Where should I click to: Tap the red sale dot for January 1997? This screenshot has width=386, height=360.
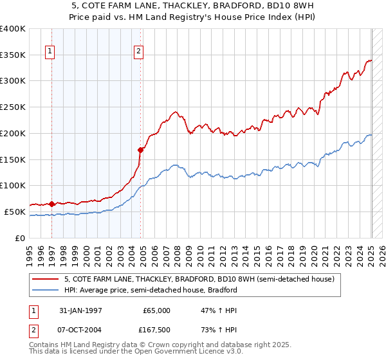(x=51, y=204)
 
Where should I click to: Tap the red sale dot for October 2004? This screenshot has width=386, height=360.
(x=140, y=150)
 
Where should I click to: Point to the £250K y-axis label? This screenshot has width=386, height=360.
(x=13, y=107)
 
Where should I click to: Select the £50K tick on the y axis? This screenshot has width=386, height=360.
(x=15, y=212)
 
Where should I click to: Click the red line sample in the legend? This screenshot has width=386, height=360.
(x=46, y=280)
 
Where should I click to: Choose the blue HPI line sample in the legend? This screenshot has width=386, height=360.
(x=46, y=290)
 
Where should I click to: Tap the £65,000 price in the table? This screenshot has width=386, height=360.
(x=156, y=310)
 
